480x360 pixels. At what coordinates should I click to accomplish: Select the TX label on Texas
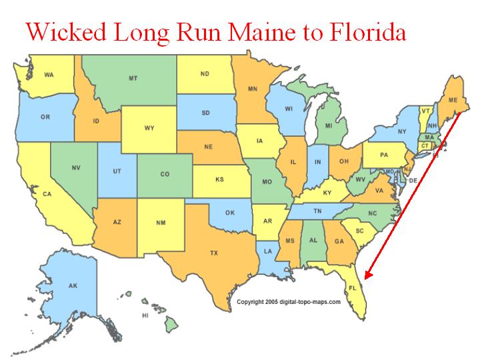click(x=214, y=253)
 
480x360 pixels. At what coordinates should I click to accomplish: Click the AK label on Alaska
click(x=73, y=285)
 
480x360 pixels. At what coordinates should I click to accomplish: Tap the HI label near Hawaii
click(x=144, y=315)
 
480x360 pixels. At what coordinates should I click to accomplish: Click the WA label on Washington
click(x=49, y=75)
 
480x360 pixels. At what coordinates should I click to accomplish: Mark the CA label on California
click(x=47, y=194)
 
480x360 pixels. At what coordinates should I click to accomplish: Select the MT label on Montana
click(x=133, y=79)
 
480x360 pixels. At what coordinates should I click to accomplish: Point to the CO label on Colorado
click(x=165, y=175)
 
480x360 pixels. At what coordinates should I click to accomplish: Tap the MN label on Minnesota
click(x=253, y=88)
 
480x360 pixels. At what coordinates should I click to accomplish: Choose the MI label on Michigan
click(x=328, y=125)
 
